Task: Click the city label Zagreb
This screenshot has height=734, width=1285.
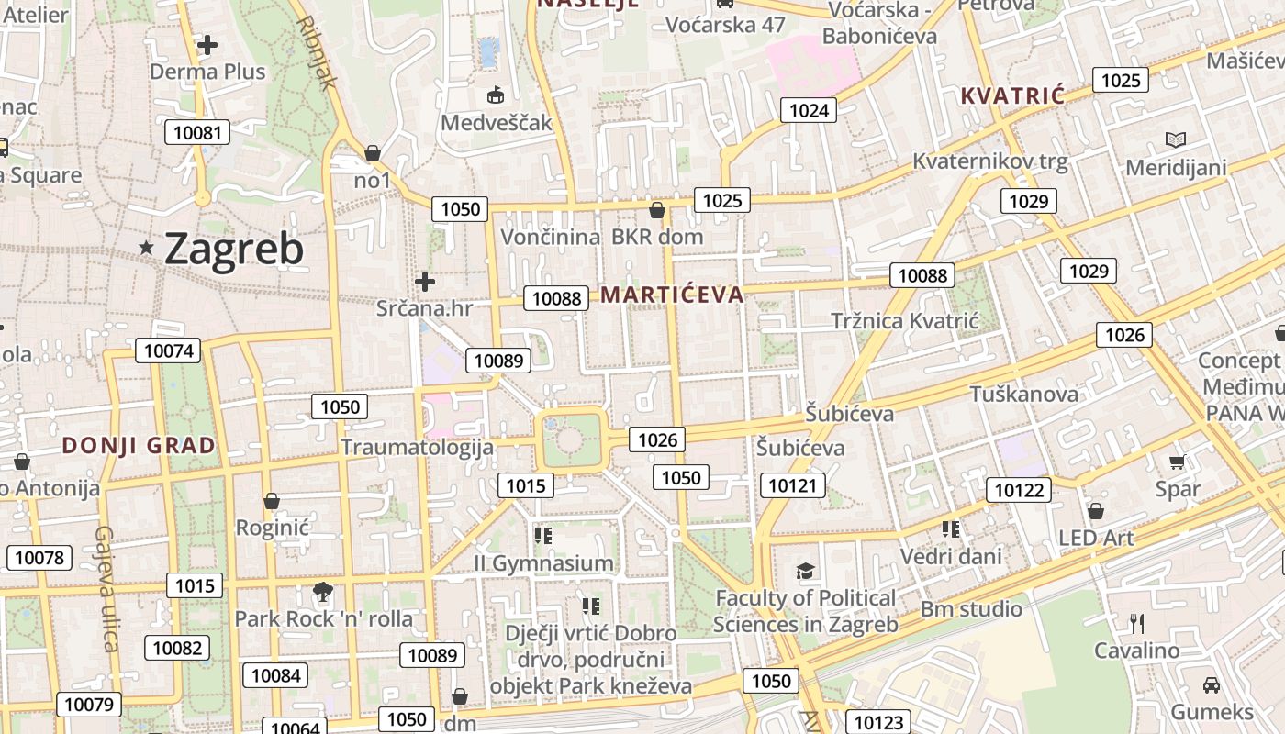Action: pos(233,249)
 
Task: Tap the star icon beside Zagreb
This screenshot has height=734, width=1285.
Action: pos(146,248)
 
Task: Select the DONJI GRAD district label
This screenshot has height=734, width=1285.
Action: pos(139,446)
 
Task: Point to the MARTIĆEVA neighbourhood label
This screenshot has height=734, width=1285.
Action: pos(672,295)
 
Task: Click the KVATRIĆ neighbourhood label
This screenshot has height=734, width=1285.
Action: pos(1012,95)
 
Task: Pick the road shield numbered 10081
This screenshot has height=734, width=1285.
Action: pos(197,132)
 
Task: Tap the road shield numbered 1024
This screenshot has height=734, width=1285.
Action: pos(809,111)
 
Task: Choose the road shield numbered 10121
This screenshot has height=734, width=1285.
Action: pos(792,485)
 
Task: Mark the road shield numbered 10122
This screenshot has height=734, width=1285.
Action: pos(1020,490)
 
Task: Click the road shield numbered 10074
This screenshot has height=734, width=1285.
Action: pos(169,350)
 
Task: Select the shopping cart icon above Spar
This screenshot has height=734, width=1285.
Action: pos(1177,462)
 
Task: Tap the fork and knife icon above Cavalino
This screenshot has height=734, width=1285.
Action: pos(1137,624)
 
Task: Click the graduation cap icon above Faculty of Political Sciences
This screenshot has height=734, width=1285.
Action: pos(805,572)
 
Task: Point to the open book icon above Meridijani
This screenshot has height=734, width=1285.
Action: pos(1175,140)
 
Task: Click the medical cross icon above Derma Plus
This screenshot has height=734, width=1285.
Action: pos(207,44)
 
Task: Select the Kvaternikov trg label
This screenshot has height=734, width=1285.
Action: pos(990,162)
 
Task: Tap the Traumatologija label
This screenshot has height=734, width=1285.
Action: pos(417,448)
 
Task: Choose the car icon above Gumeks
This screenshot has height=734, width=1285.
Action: pos(1211,684)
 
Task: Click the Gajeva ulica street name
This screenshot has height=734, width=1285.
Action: pos(107,588)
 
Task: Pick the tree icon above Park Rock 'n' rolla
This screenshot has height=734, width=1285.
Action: pos(322,592)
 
